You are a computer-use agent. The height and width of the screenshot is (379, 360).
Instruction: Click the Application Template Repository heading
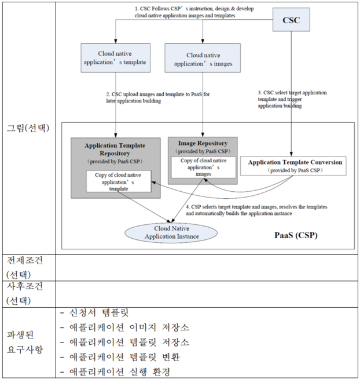tap(115, 149)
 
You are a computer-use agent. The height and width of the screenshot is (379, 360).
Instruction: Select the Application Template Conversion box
tap(295, 166)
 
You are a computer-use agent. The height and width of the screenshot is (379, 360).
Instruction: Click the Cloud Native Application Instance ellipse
tap(171, 232)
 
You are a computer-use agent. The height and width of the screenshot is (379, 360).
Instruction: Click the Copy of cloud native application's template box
tap(117, 181)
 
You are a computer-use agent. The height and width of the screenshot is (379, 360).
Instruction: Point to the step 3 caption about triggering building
tap(292, 99)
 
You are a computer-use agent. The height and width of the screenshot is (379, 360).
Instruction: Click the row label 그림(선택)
tap(28, 128)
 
